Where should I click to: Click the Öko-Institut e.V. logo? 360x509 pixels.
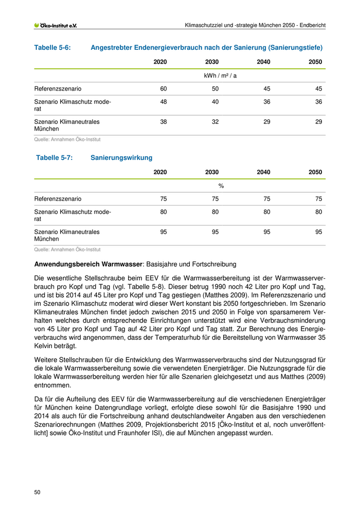click(55, 25)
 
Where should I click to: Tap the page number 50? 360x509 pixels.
click(38, 492)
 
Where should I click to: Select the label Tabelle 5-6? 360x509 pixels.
click(52, 48)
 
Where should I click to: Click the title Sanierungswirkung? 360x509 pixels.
click(121, 158)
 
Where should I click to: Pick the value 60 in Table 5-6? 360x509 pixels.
click(164, 88)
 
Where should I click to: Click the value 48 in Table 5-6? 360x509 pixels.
click(164, 102)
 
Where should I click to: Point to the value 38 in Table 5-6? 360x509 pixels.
click(164, 122)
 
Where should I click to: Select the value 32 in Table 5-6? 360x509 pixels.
click(215, 122)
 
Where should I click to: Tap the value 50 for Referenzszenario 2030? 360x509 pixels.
click(215, 88)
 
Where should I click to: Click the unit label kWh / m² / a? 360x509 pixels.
click(221, 75)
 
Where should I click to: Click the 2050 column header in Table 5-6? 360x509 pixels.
click(315, 62)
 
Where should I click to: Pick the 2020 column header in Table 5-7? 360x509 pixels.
click(160, 172)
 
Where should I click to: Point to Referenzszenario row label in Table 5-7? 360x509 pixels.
click(58, 198)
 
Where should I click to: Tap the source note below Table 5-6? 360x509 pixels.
click(67, 139)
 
